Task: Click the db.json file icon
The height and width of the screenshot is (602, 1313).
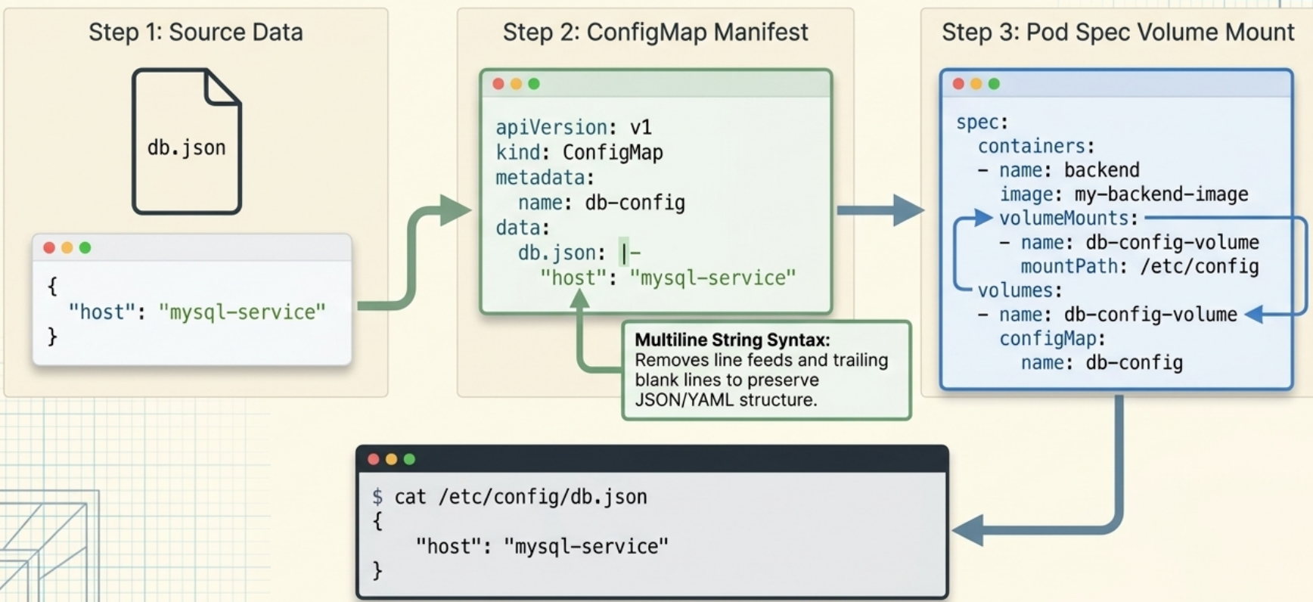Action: pyautogui.click(x=187, y=141)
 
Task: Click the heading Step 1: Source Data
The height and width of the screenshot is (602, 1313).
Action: pyautogui.click(x=195, y=32)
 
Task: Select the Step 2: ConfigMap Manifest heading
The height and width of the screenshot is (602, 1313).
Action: pyautogui.click(x=655, y=32)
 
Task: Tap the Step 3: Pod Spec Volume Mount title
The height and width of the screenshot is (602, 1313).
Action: pyautogui.click(x=1117, y=32)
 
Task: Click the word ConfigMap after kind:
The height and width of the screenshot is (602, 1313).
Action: pyautogui.click(x=613, y=152)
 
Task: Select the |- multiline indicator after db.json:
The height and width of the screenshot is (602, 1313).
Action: pyautogui.click(x=629, y=253)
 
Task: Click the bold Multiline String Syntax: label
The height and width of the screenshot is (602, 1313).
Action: pyautogui.click(x=732, y=340)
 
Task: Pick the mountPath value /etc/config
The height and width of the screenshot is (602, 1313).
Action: pyautogui.click(x=1200, y=266)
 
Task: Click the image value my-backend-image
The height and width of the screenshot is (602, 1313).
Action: pyautogui.click(x=1161, y=194)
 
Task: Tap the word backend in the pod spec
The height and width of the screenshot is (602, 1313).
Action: pyautogui.click(x=1101, y=169)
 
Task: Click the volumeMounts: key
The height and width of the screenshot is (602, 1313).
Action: pyautogui.click(x=1068, y=218)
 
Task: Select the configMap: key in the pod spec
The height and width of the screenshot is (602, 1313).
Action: pyautogui.click(x=1052, y=338)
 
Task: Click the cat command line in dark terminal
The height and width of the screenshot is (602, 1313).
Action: pyautogui.click(x=510, y=497)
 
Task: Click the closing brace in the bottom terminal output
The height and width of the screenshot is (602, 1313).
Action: pyautogui.click(x=377, y=570)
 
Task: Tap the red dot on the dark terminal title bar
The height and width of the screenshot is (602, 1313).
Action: pyautogui.click(x=373, y=459)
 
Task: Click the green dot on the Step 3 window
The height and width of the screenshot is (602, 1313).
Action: pyautogui.click(x=994, y=84)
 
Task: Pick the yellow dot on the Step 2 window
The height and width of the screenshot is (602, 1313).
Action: pyautogui.click(x=516, y=84)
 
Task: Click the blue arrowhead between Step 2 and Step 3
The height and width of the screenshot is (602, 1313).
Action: pyautogui.click(x=908, y=210)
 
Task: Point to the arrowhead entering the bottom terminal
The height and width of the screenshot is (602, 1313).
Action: pyautogui.click(x=967, y=530)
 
